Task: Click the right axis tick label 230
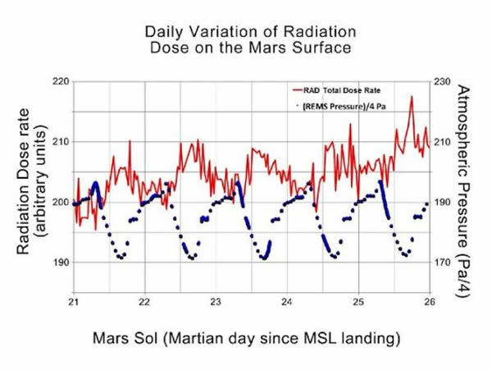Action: (443, 81)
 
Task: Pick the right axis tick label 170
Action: (443, 263)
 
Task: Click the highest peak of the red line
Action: (412, 97)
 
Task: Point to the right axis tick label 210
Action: (443, 142)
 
